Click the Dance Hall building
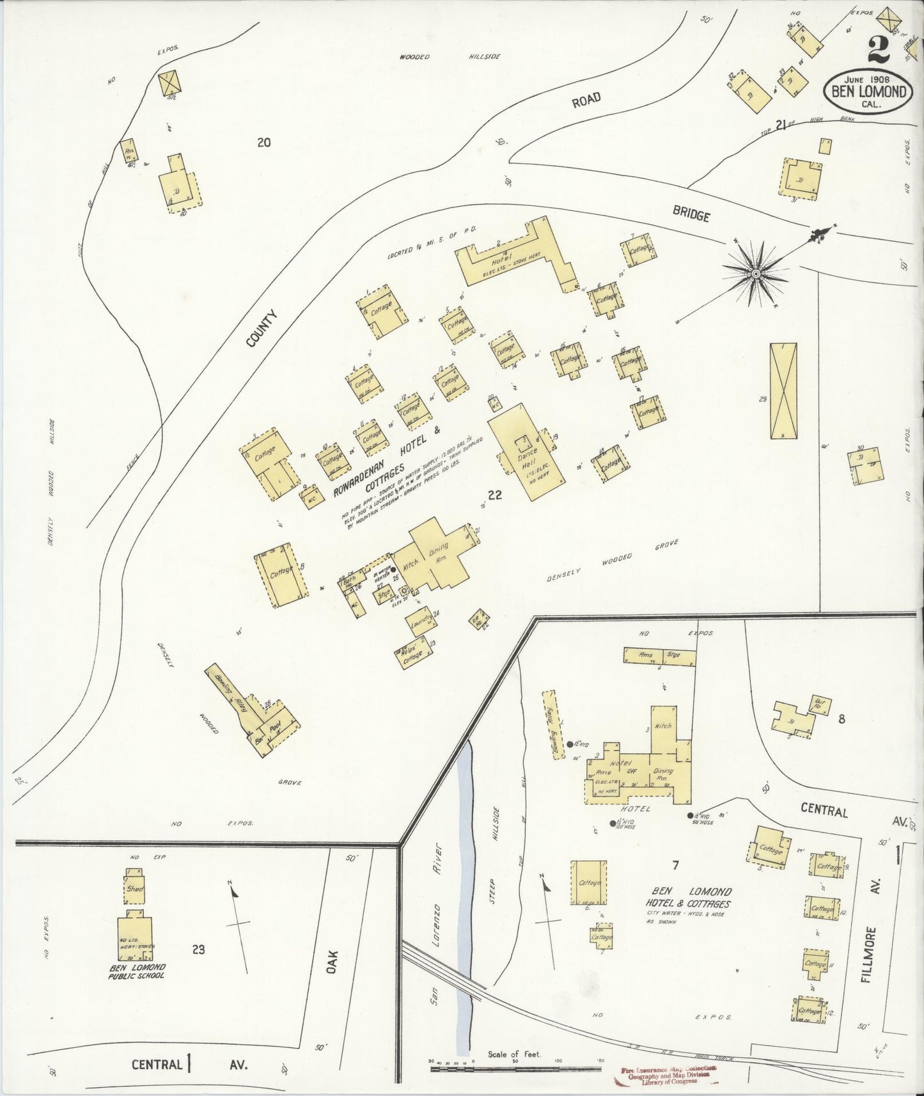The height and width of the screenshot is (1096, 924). tap(526, 454)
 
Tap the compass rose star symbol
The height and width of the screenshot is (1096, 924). tap(756, 274)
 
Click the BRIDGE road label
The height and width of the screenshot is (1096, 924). tap(691, 215)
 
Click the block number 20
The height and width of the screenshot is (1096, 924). tap(263, 143)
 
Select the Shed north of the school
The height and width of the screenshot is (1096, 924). tap(136, 889)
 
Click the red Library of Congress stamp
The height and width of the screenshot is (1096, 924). tap(670, 1076)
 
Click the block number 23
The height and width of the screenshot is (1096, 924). tap(198, 950)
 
